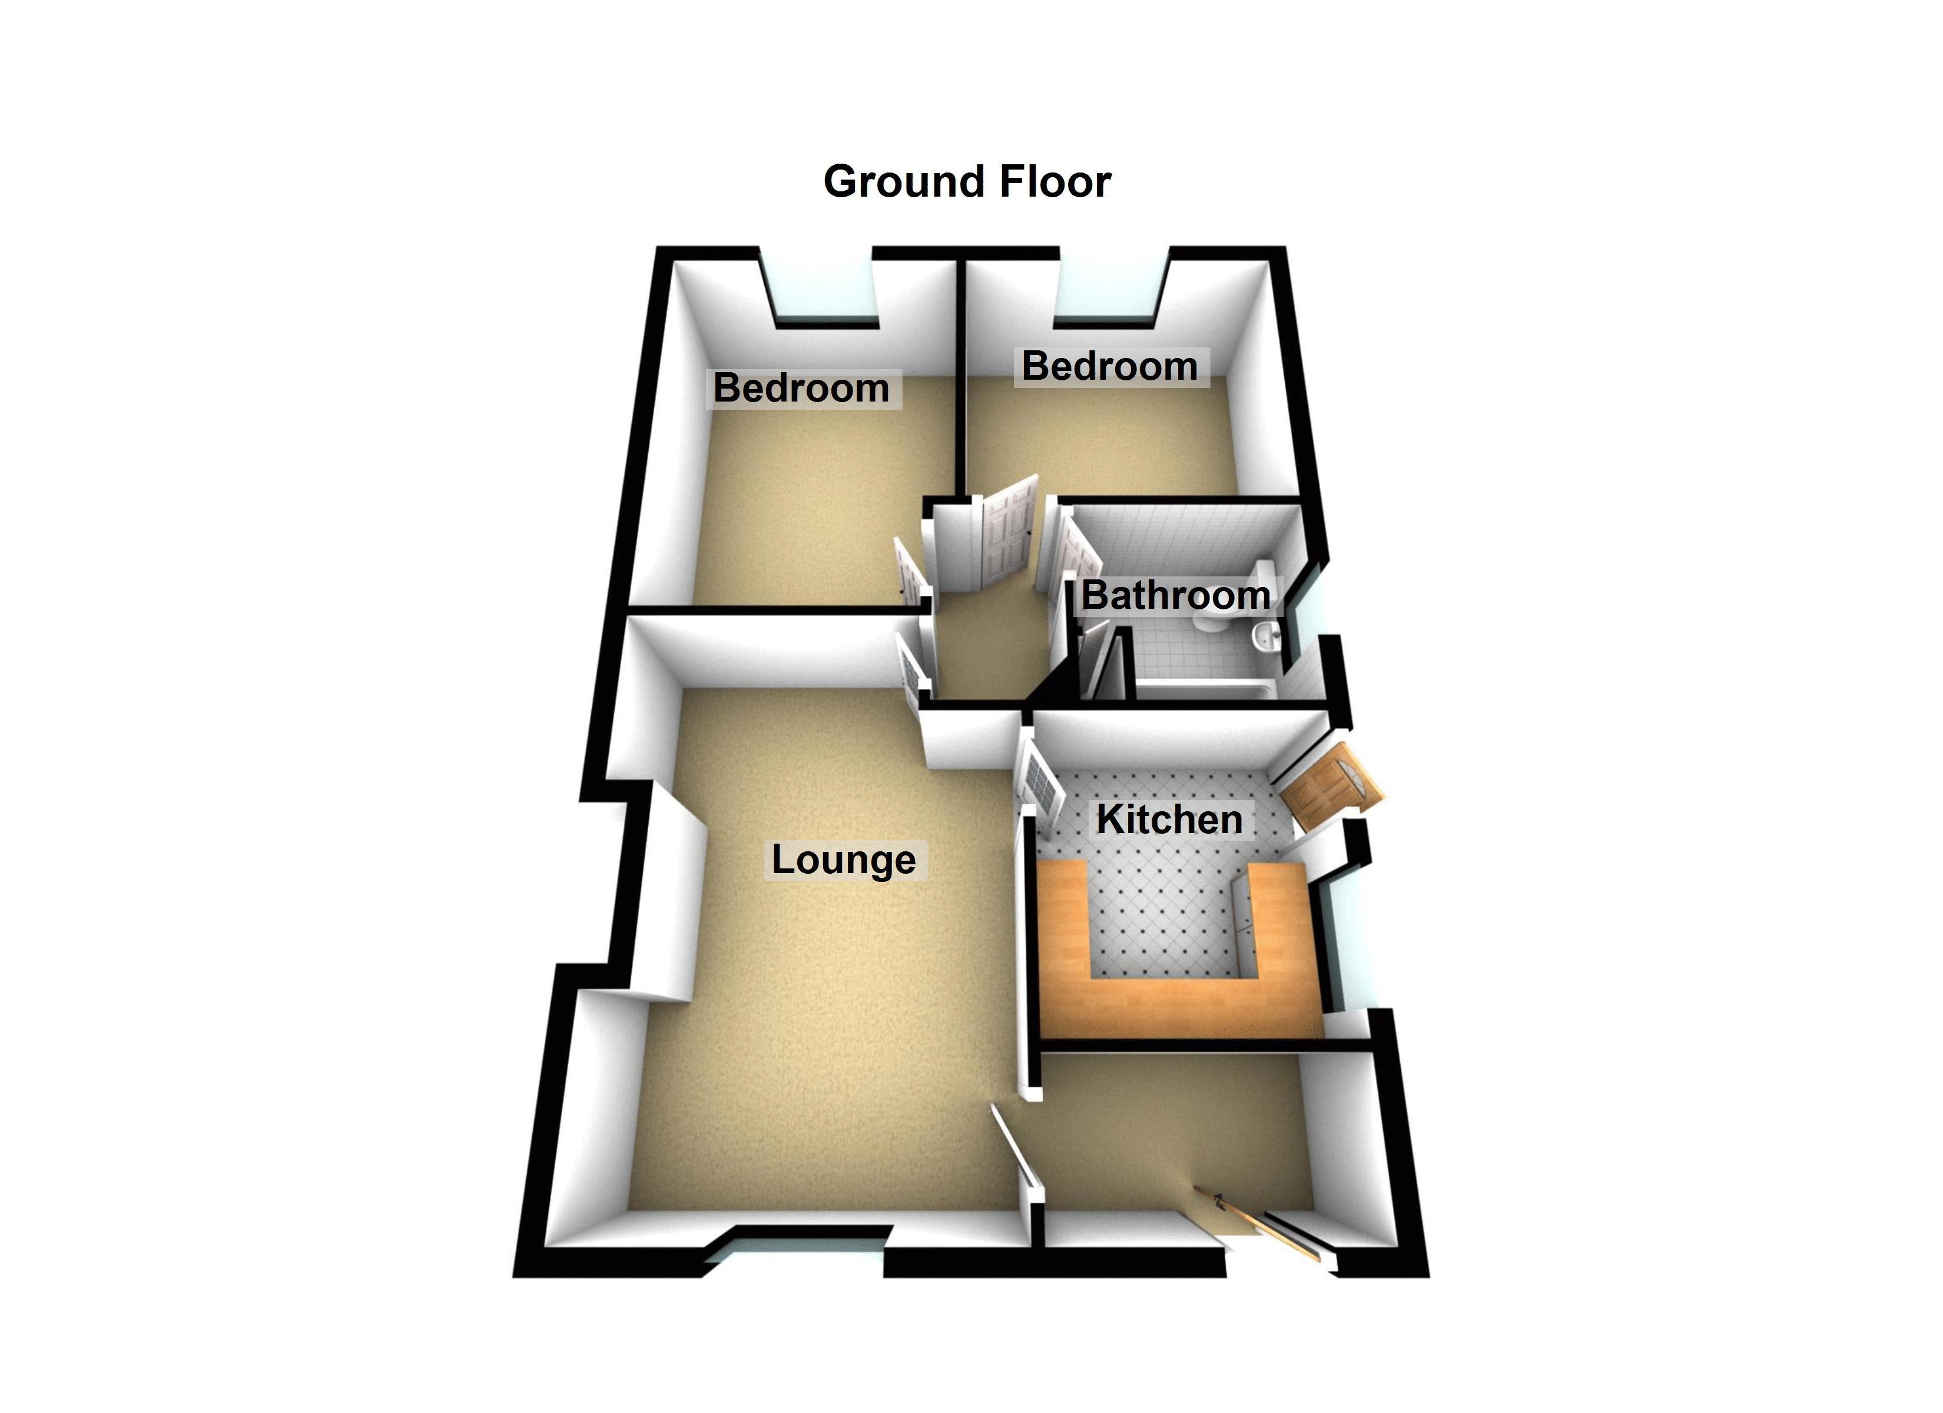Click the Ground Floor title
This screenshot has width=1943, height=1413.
[x=967, y=182]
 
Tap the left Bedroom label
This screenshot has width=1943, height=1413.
[x=802, y=388]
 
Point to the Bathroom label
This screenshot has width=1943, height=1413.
[x=1175, y=596]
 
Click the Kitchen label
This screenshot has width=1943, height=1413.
[x=1169, y=819]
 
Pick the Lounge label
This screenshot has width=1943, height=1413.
[x=844, y=860]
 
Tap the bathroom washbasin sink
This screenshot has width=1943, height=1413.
[x=1266, y=636]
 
